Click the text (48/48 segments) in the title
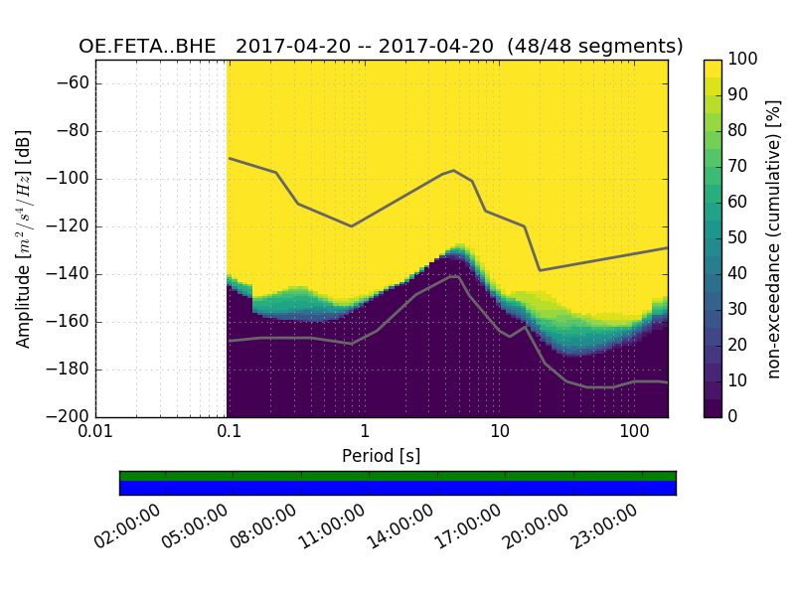(594, 47)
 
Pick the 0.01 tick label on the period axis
(95, 433)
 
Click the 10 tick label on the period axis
(499, 433)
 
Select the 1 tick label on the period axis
(365, 433)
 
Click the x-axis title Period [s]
(382, 456)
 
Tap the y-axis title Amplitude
(24, 238)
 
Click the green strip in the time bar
(397, 476)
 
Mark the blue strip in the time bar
(397, 488)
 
